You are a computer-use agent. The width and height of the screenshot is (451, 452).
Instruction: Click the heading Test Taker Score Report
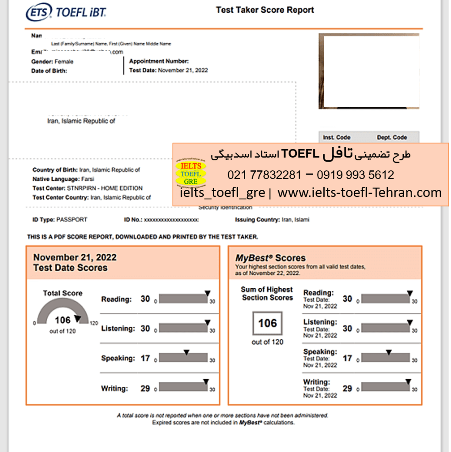(x=265, y=10)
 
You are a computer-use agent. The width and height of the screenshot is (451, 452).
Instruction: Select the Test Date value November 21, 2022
(x=182, y=70)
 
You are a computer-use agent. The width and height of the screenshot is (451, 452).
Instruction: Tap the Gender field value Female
(x=64, y=62)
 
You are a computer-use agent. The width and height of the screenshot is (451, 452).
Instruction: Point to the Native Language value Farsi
(x=87, y=179)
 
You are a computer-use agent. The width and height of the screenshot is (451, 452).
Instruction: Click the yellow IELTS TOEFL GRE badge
(x=191, y=173)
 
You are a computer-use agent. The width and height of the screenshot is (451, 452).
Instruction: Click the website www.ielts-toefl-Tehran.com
(x=360, y=192)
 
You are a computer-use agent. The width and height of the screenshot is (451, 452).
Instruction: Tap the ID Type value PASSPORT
(x=72, y=220)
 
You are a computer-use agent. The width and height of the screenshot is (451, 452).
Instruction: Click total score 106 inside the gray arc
(x=62, y=320)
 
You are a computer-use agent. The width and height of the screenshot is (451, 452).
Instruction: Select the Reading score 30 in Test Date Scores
(x=145, y=299)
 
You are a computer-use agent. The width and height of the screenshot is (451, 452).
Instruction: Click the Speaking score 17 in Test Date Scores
(x=145, y=358)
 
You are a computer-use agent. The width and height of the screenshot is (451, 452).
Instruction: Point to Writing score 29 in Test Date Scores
(x=145, y=389)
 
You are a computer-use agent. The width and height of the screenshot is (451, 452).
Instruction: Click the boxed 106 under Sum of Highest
(x=267, y=323)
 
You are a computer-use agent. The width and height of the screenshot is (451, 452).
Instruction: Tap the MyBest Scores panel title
(x=270, y=258)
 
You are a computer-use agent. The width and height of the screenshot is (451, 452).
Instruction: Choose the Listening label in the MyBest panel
(x=320, y=322)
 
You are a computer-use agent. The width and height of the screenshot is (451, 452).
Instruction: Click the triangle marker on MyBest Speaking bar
(x=388, y=352)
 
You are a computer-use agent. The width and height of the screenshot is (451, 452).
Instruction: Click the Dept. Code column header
(x=392, y=137)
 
